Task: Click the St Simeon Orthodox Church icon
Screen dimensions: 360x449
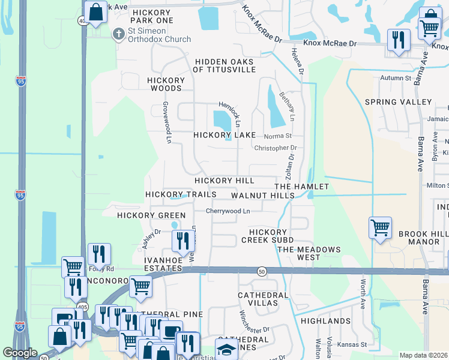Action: [x=118, y=34]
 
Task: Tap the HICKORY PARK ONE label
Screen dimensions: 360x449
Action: [x=152, y=16]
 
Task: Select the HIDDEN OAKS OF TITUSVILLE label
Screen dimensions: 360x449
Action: [x=224, y=65]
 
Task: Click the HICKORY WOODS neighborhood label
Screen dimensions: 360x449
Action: [x=167, y=84]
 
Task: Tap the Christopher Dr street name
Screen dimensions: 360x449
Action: [x=276, y=148]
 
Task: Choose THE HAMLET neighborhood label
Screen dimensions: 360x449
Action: [x=303, y=187]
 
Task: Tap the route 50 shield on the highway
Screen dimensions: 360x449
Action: [x=262, y=271]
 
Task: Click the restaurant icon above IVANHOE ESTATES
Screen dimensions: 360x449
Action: [x=183, y=241]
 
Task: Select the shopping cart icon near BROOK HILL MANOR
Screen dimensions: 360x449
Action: [x=380, y=228]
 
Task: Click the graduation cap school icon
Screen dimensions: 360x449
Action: [x=226, y=350]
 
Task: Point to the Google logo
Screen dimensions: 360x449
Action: [x=20, y=353]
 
